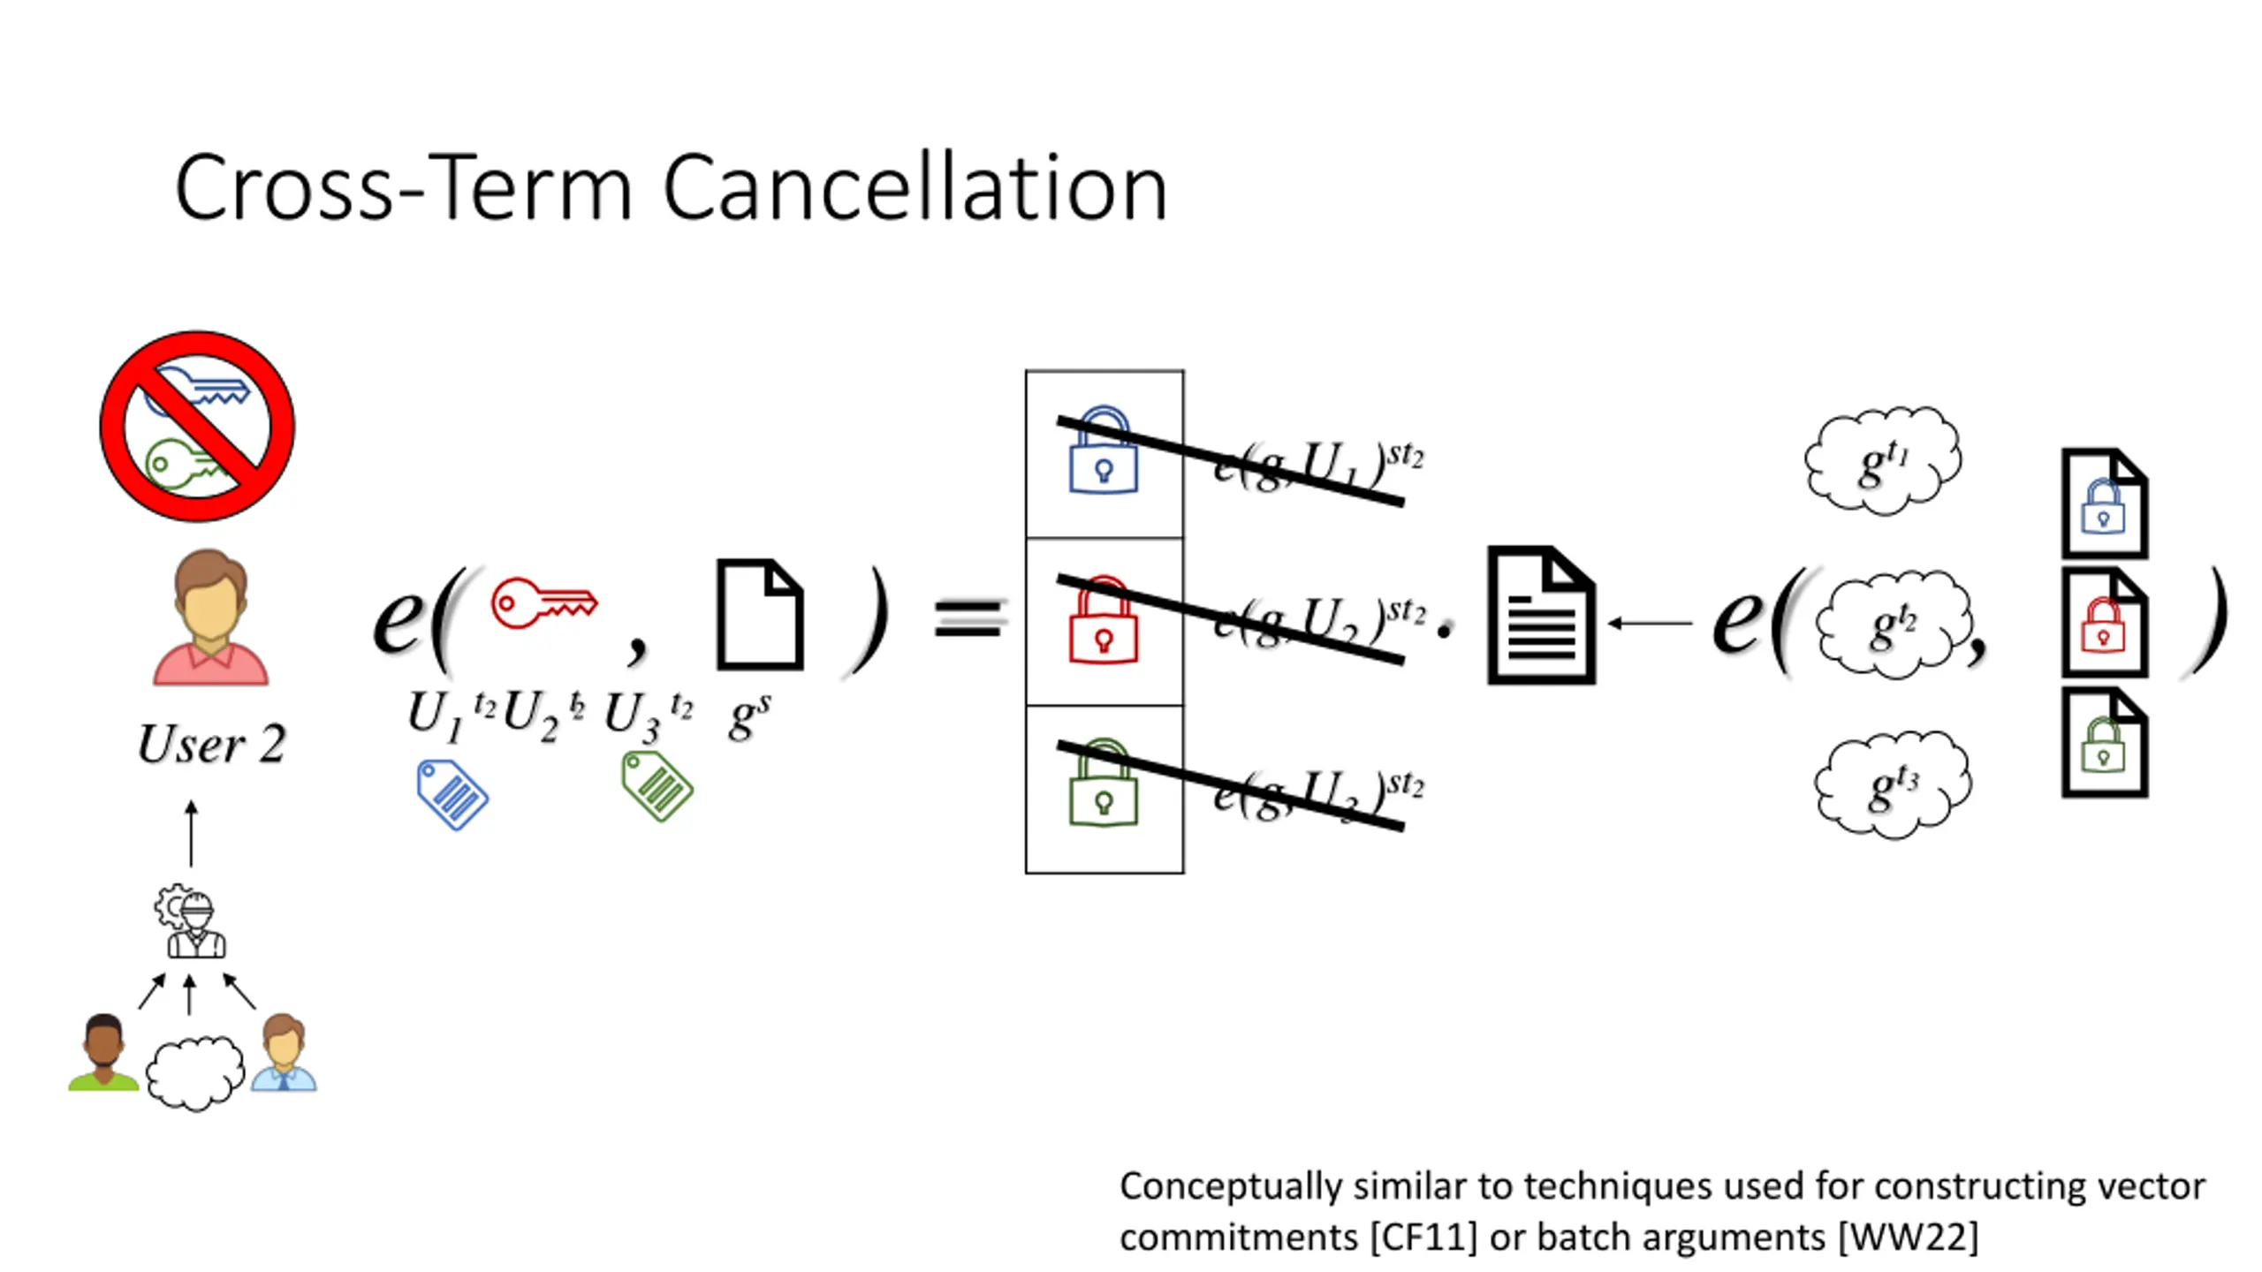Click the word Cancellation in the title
click(x=915, y=187)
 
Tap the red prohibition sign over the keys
click(x=197, y=427)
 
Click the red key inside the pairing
click(x=543, y=603)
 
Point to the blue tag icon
click(x=452, y=794)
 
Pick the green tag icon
click(x=657, y=786)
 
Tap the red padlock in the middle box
click(x=1103, y=620)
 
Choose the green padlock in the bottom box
click(x=1103, y=784)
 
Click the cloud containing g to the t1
click(x=1883, y=459)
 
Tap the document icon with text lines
click(x=1542, y=616)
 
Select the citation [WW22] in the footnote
click(x=1908, y=1238)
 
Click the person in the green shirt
click(x=103, y=1053)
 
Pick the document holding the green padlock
click(x=2104, y=744)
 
